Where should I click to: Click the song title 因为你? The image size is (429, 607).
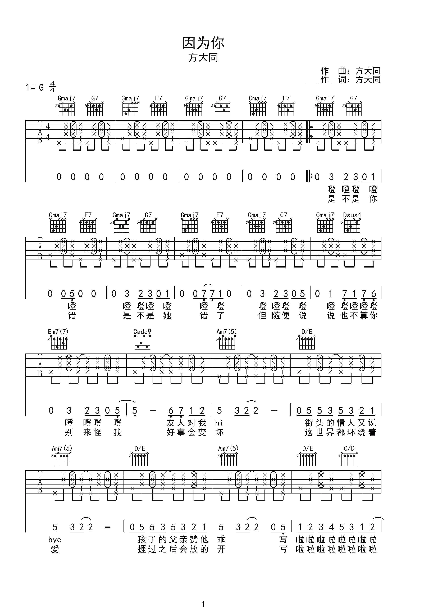point(203,43)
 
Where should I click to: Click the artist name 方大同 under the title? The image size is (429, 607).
point(203,58)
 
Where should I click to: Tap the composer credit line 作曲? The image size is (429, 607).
point(350,71)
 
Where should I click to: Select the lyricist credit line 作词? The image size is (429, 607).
point(350,79)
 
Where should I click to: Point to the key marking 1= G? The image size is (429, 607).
point(35,87)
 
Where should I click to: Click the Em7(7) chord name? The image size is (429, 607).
point(58,332)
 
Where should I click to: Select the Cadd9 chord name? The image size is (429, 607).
point(142,332)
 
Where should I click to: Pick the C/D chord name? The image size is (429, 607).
point(349,448)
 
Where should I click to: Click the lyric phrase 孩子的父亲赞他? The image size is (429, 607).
point(173,540)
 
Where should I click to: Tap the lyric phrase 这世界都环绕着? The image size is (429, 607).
point(340,433)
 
